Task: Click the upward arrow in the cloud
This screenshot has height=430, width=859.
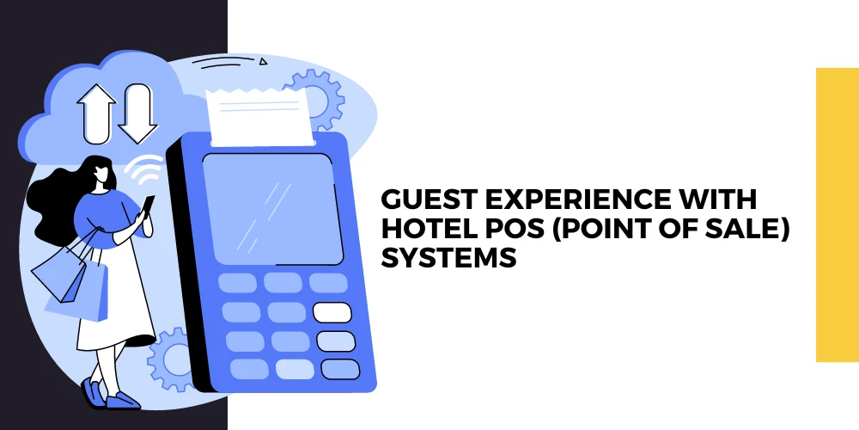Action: point(95,112)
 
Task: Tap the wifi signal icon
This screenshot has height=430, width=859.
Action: point(145,172)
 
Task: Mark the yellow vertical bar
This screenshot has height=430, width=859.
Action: point(837,215)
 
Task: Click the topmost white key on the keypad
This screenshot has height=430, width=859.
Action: point(332,311)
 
